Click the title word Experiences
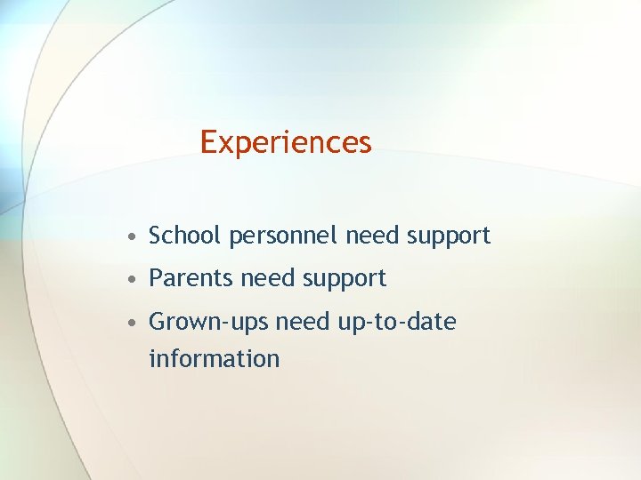[285, 142]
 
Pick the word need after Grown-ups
[304, 321]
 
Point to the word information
[214, 358]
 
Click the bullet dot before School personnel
[131, 237]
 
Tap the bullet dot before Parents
[131, 280]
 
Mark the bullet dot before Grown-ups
[131, 323]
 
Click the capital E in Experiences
[207, 141]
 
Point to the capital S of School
[156, 236]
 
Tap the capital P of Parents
[156, 278]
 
